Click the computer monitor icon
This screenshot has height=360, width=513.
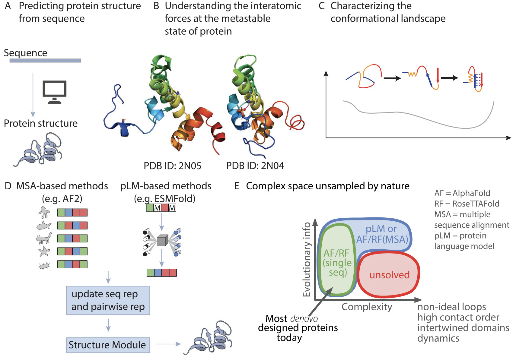[55, 91]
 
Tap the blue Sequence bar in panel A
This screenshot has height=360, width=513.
[45, 61]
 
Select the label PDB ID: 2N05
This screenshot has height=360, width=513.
[172, 166]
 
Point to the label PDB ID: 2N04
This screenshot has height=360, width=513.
[255, 166]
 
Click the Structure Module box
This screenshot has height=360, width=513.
[108, 345]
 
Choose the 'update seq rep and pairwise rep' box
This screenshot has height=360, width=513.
[108, 300]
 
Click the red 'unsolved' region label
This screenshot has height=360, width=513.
[389, 275]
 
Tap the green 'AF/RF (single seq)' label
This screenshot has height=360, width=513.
[337, 263]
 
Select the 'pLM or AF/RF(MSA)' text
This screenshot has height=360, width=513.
[382, 234]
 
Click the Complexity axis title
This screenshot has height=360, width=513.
[367, 307]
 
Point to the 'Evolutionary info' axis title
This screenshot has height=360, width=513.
[307, 259]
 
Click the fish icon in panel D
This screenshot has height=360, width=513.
[43, 226]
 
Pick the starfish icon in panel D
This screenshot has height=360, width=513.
[44, 251]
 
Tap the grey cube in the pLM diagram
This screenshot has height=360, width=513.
[162, 240]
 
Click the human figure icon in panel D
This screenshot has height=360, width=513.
[44, 212]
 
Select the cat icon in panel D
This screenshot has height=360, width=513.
[44, 238]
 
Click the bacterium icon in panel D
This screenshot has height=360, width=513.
[44, 266]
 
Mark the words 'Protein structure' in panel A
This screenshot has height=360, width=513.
[41, 123]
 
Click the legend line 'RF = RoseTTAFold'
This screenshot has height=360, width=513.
[467, 204]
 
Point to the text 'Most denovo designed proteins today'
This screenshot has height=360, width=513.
[297, 328]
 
